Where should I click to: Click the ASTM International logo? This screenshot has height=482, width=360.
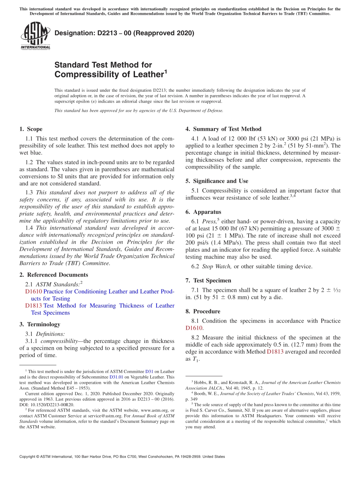pyautogui.click(x=35, y=36)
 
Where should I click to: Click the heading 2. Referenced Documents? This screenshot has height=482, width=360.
pyautogui.click(x=53, y=275)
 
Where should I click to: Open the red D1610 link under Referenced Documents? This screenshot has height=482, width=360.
pyautogui.click(x=33, y=291)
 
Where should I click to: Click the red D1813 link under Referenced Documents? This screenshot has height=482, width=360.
pyautogui.click(x=33, y=305)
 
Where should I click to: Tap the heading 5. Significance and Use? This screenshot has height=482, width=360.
pyautogui.click(x=217, y=181)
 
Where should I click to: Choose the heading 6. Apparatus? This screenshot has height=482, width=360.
pyautogui.click(x=203, y=212)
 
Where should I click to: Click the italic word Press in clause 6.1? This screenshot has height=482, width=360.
pyautogui.click(x=209, y=222)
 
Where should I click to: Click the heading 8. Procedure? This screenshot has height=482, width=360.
pyautogui.click(x=203, y=311)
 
